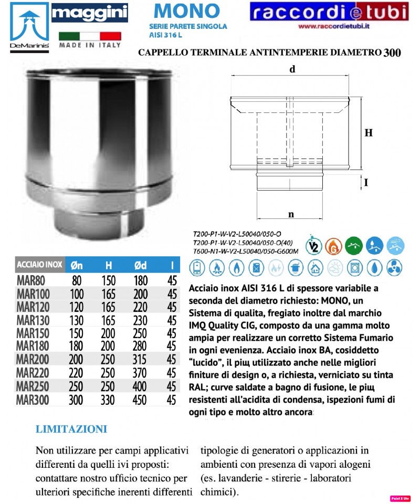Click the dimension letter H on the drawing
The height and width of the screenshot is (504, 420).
369,133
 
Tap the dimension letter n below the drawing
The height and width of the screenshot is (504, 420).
290,214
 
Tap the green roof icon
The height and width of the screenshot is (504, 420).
354,245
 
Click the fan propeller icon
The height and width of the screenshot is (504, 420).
394,268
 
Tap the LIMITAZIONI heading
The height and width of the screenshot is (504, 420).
71,429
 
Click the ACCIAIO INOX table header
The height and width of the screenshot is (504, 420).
40,265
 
